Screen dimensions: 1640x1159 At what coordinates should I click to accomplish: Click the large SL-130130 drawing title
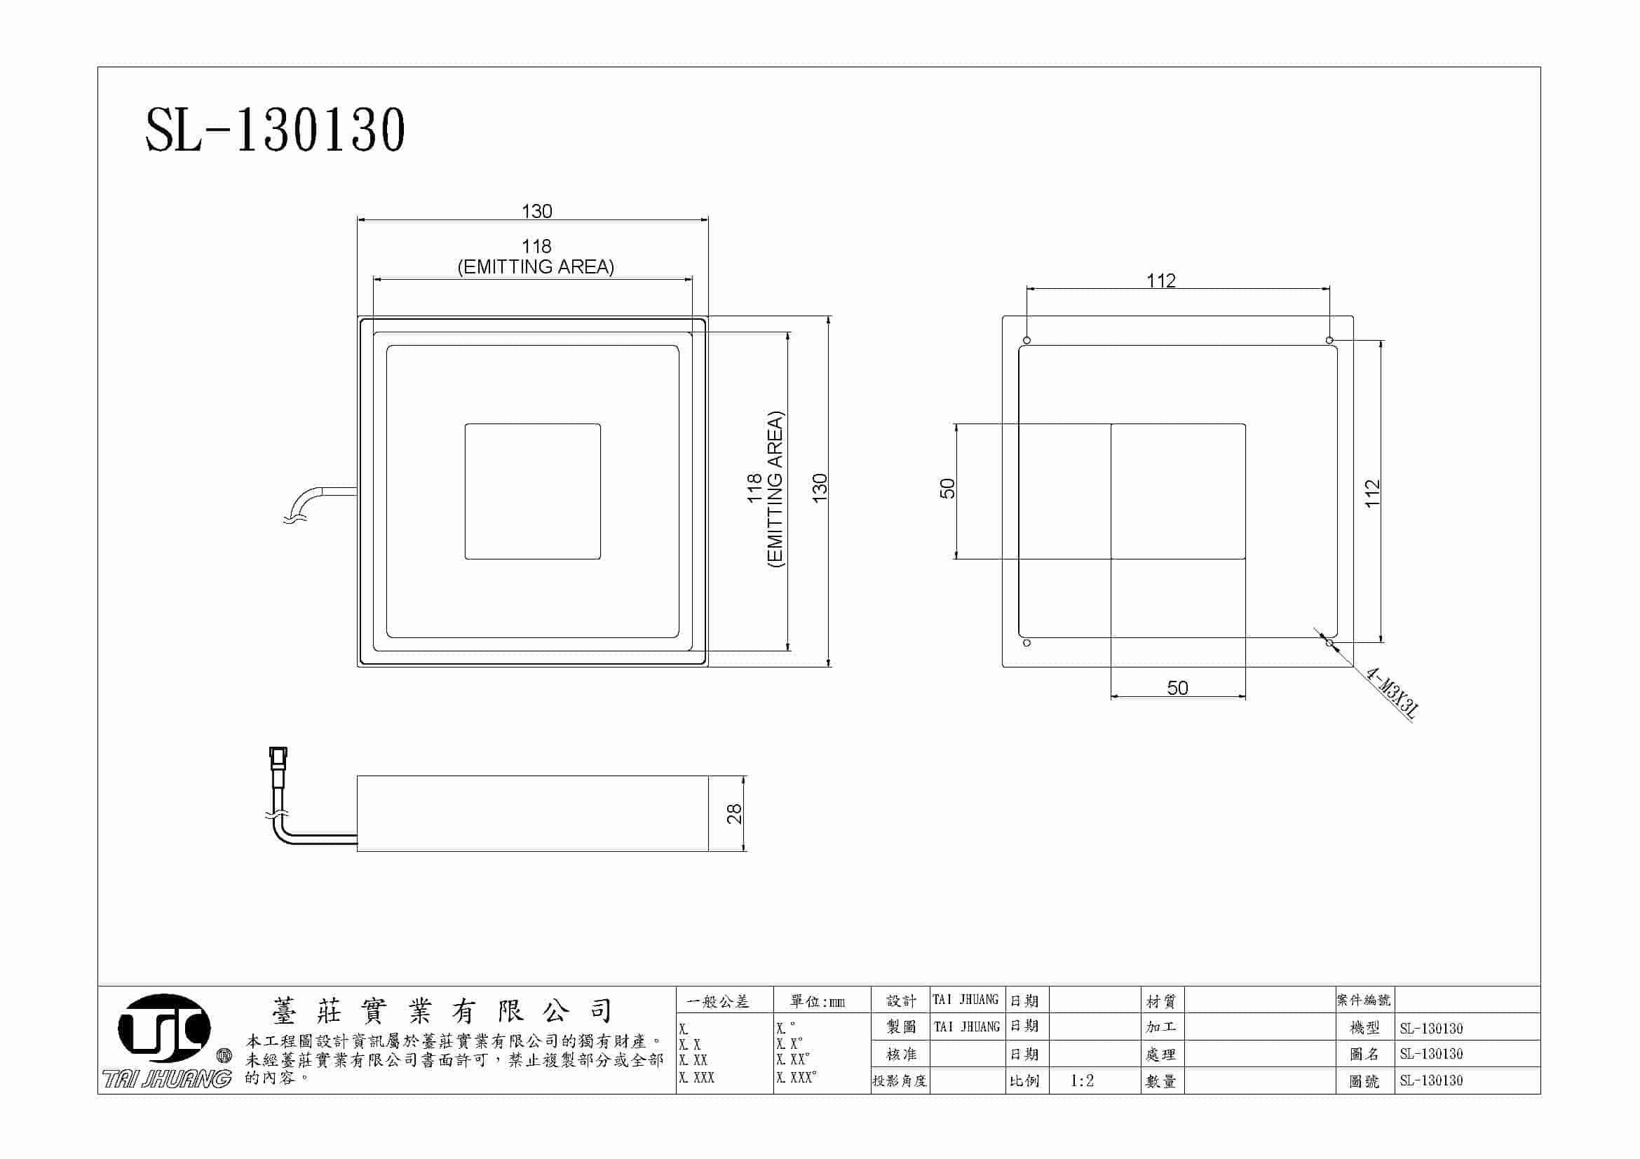(x=275, y=130)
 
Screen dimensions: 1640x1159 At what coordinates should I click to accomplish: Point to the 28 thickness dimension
(x=733, y=813)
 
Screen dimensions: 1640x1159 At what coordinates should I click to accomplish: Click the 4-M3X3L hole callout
(x=1391, y=692)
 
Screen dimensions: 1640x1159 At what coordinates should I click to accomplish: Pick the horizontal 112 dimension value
(x=1160, y=280)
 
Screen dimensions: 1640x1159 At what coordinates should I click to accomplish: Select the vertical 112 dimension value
(x=1372, y=494)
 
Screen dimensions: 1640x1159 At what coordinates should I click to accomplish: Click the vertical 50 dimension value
(x=947, y=489)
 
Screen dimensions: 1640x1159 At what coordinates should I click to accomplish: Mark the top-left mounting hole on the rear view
(x=1027, y=340)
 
